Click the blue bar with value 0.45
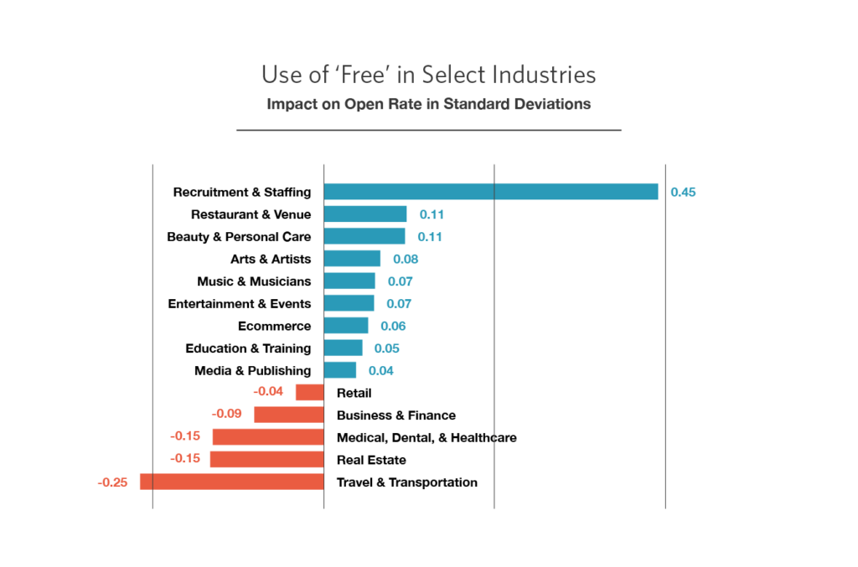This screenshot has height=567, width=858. (491, 192)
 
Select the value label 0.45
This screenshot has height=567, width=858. (683, 192)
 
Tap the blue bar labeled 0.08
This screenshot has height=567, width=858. (353, 259)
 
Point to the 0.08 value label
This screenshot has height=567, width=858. (406, 259)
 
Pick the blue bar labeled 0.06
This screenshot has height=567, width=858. (346, 326)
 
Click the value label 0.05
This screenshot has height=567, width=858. (386, 348)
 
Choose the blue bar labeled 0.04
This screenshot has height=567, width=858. (340, 370)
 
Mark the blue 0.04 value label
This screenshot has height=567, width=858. (381, 370)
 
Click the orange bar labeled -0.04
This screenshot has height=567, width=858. (309, 392)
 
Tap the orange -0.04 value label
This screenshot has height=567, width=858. (269, 392)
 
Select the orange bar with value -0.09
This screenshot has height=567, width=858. (289, 415)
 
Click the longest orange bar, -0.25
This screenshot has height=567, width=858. (231, 482)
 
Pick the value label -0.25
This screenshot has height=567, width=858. (112, 482)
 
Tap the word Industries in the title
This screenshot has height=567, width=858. (544, 75)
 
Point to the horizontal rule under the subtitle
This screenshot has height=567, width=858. (428, 131)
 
